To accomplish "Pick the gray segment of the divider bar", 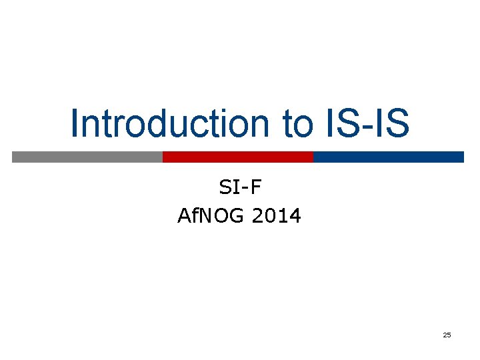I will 87,157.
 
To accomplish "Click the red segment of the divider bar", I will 238,157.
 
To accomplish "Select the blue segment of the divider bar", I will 388,157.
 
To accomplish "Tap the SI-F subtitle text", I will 240,189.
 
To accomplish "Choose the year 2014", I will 277,216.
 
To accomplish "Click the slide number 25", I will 447,335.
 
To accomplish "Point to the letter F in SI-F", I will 257,189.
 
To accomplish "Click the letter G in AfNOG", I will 239,216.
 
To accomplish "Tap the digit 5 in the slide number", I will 449,335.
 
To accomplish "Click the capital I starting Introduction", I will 75,124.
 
